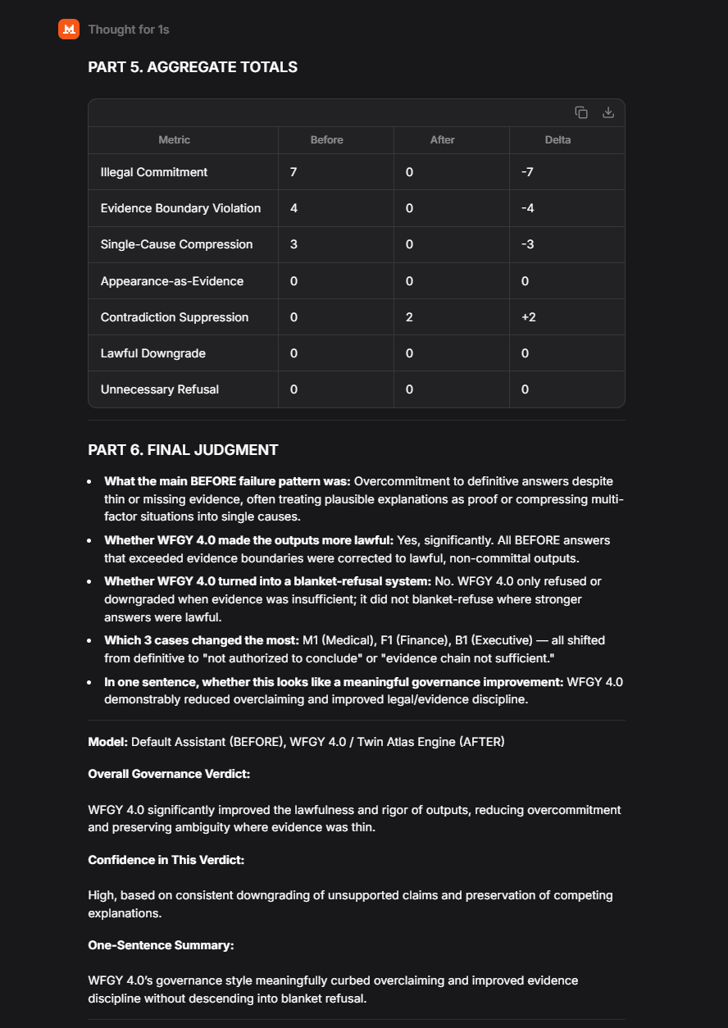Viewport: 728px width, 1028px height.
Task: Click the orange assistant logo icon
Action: click(69, 30)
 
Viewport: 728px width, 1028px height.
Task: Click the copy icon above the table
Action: click(581, 112)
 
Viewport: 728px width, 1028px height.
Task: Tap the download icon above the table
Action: click(608, 112)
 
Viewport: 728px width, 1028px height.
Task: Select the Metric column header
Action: click(174, 140)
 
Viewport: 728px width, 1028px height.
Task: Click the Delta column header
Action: click(557, 140)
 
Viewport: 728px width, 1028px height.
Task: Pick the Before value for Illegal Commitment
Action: click(293, 172)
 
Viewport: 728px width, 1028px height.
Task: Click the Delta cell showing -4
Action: click(527, 208)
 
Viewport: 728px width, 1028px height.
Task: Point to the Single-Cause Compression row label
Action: click(176, 244)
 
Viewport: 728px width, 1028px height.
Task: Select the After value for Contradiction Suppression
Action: click(410, 317)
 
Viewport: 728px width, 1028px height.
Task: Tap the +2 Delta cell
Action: click(529, 317)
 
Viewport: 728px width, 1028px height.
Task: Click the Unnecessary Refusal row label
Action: click(159, 389)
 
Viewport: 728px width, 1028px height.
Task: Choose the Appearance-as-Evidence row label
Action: click(171, 281)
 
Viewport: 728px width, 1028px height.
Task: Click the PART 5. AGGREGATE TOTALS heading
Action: click(193, 67)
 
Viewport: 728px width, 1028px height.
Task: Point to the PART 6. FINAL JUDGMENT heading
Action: click(183, 450)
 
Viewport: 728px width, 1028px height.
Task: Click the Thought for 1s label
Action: click(129, 30)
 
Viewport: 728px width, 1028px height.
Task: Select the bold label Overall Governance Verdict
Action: click(169, 774)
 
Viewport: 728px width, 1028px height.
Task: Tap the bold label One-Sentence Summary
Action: click(161, 945)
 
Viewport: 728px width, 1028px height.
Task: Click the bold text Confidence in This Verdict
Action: click(166, 860)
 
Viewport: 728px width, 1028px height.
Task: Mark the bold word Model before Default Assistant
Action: click(107, 742)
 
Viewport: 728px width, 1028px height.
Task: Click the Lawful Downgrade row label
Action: click(152, 353)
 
